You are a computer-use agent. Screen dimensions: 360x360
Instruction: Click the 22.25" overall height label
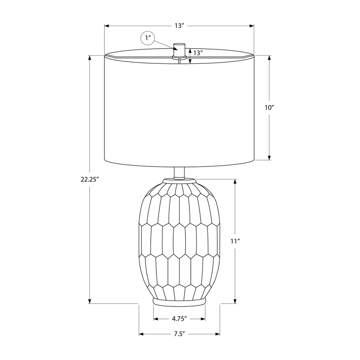click(x=90, y=179)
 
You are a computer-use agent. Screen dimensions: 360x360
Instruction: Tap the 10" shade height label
click(x=270, y=108)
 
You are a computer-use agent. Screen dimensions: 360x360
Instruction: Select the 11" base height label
click(x=235, y=241)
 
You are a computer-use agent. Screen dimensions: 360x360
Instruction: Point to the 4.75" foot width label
click(x=179, y=319)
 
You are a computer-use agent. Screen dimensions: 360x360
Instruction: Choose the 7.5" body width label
click(x=179, y=334)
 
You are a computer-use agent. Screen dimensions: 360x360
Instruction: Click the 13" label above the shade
click(x=180, y=26)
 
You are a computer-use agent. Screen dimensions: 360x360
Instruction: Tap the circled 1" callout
click(x=148, y=38)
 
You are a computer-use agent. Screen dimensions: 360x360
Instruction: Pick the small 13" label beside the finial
click(x=198, y=53)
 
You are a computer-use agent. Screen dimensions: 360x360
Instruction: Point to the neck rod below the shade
click(x=179, y=173)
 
